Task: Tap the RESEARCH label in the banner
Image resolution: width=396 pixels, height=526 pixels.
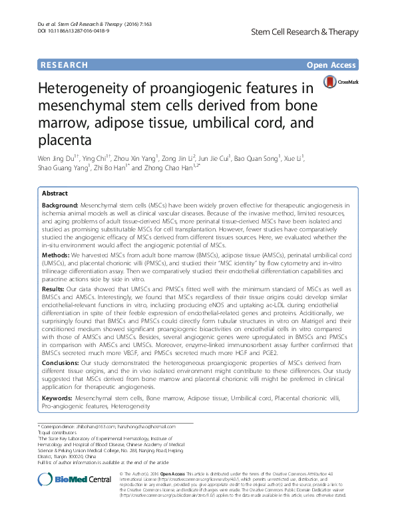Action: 63,65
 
